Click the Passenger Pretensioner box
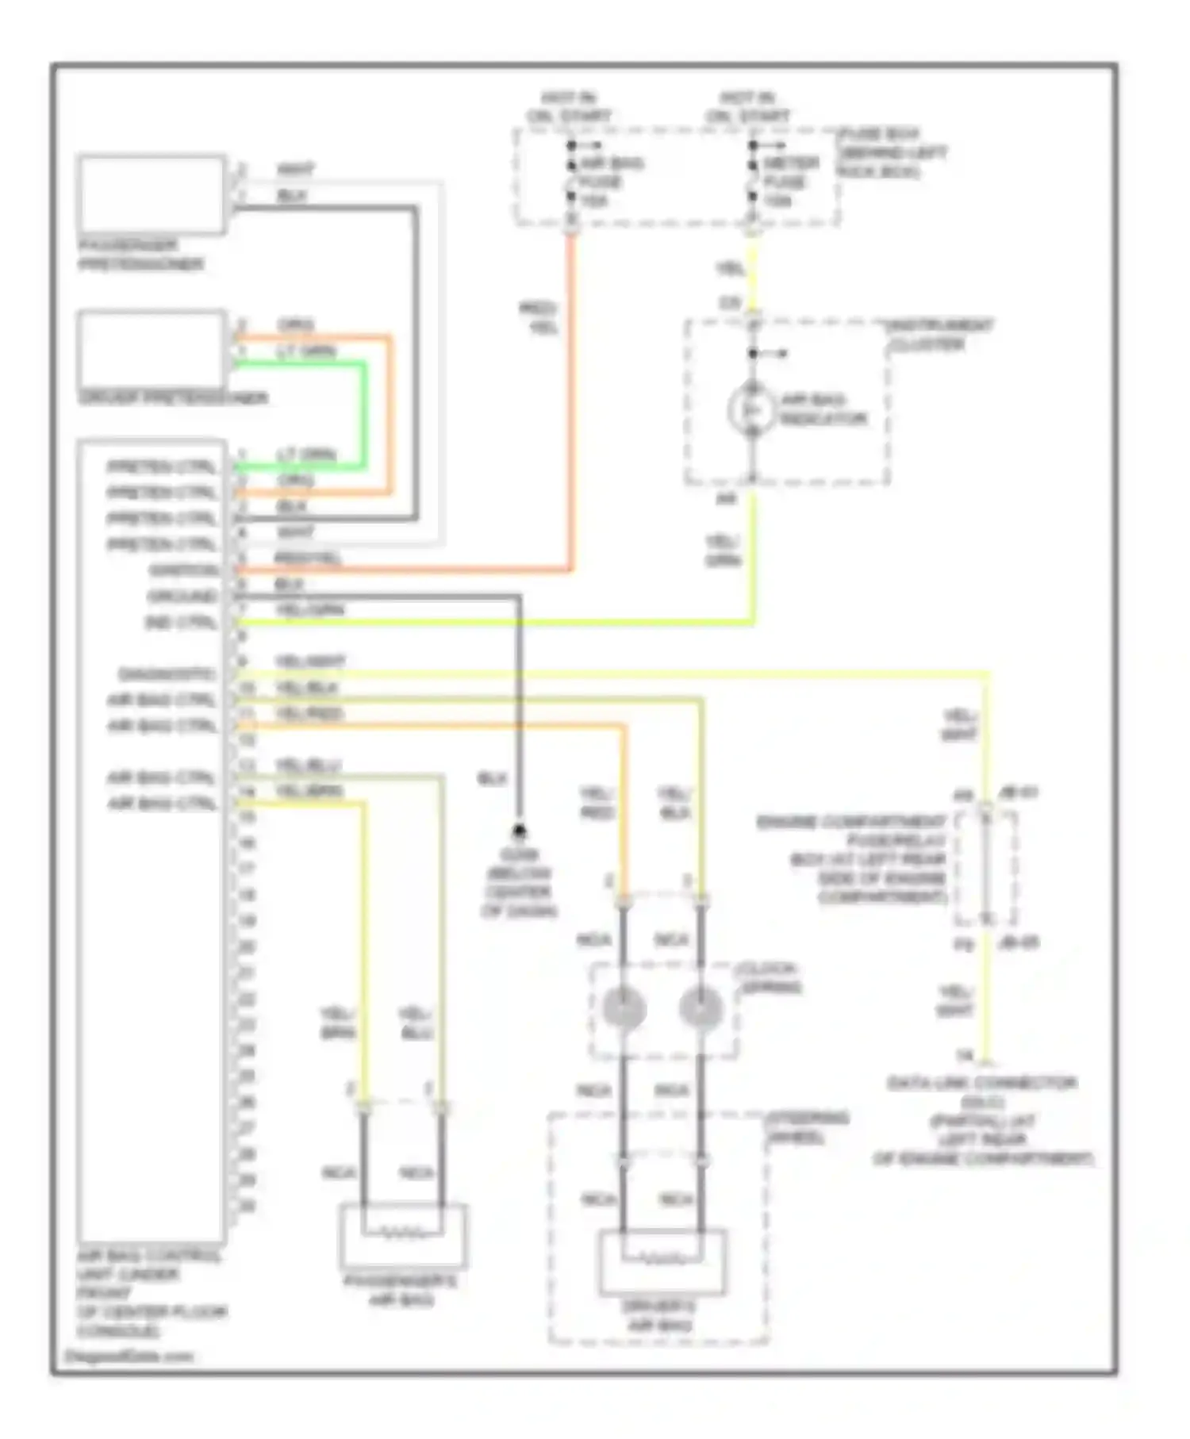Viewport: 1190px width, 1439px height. click(152, 195)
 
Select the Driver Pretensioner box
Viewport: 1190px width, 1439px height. click(152, 349)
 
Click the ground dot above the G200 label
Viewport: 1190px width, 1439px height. click(520, 831)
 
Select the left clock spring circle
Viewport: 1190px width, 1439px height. click(624, 1008)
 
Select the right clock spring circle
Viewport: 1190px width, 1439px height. click(701, 1008)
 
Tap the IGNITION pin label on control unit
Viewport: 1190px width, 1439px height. click(185, 570)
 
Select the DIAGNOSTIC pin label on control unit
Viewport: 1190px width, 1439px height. click(167, 675)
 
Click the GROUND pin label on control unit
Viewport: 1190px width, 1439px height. click(182, 597)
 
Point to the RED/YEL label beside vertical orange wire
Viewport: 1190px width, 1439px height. click(539, 317)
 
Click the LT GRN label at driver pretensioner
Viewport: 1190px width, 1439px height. click(306, 351)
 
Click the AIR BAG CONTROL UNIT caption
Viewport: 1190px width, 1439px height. click(151, 1293)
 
